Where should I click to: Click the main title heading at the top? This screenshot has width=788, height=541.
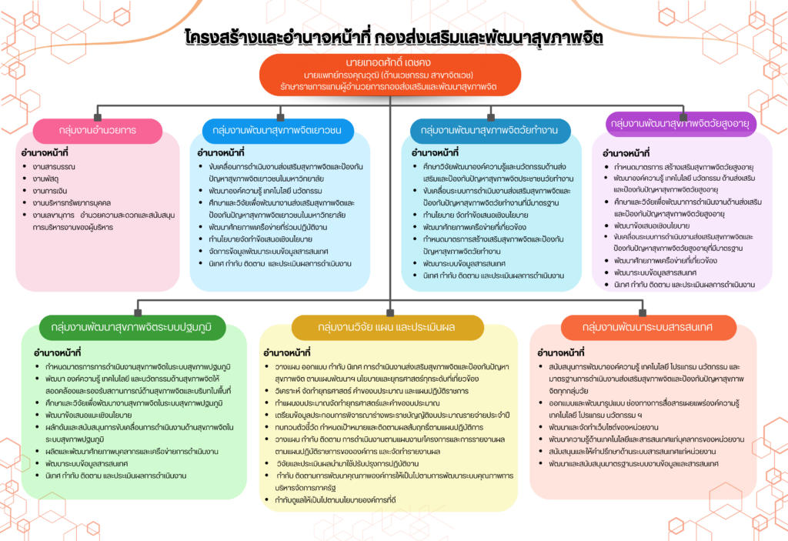pyautogui.click(x=393, y=37)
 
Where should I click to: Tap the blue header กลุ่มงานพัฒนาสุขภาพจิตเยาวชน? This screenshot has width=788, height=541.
pyautogui.click(x=282, y=130)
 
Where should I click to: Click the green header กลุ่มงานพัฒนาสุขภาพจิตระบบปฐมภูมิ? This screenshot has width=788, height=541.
pyautogui.click(x=132, y=328)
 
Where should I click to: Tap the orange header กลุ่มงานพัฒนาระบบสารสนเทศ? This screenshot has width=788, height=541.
pyautogui.click(x=647, y=328)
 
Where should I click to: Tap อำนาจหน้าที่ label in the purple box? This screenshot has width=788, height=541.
pyautogui.click(x=626, y=152)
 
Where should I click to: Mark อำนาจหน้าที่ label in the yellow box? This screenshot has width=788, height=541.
pyautogui.click(x=286, y=352)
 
